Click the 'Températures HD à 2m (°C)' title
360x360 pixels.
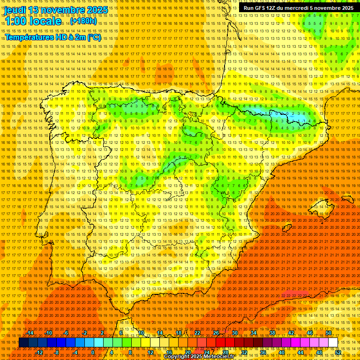(x=52, y=37)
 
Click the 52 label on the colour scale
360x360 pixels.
(x=338, y=352)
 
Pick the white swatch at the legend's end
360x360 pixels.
(x=333, y=343)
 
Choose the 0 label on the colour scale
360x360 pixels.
(x=93, y=352)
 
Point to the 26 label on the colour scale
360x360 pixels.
(x=216, y=333)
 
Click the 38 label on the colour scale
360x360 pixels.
(x=272, y=333)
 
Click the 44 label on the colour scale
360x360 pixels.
(x=300, y=352)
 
